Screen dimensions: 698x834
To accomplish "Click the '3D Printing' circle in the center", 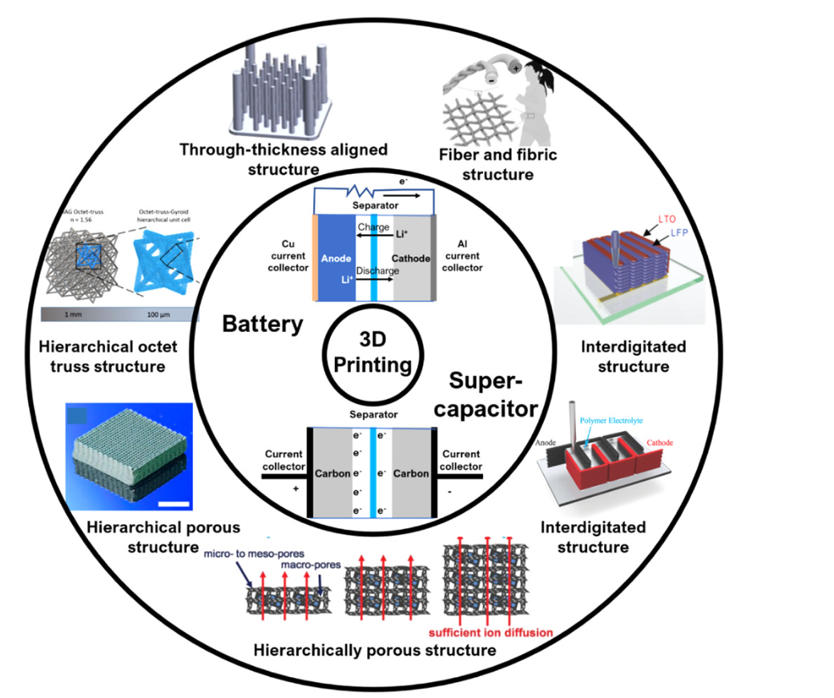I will (x=371, y=355).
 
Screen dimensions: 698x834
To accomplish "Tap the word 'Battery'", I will (x=264, y=325).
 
